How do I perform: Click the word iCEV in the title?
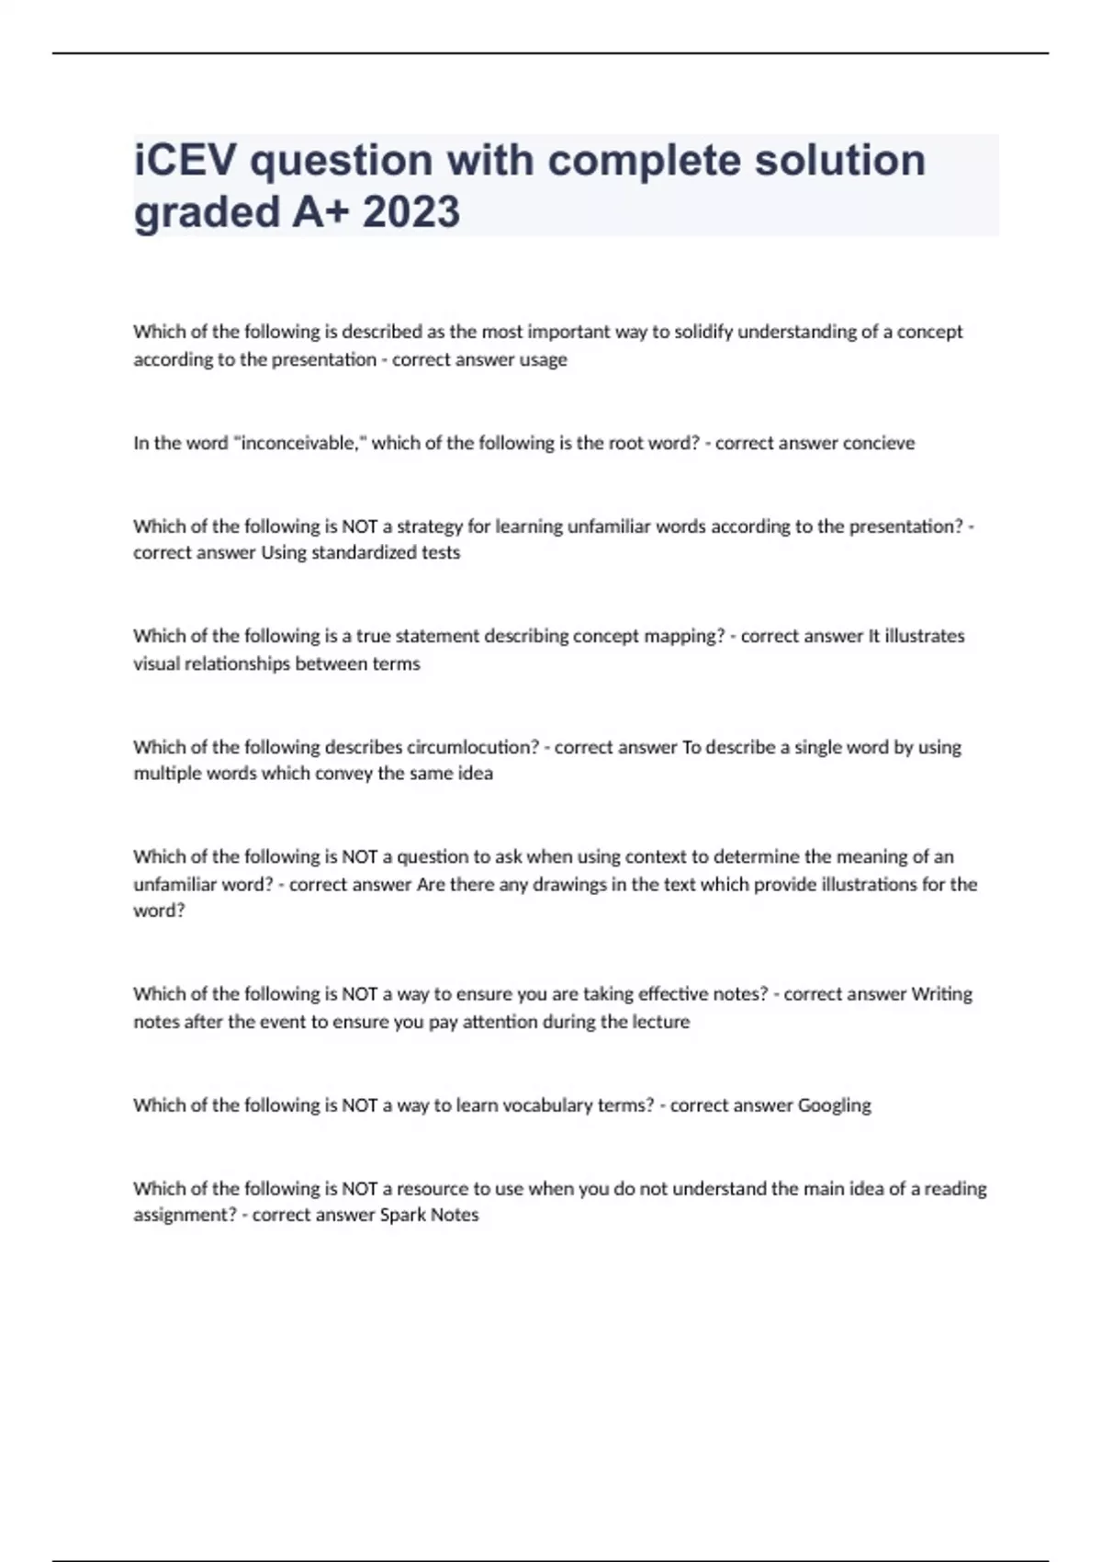[x=183, y=160]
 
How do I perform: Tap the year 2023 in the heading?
[x=411, y=212]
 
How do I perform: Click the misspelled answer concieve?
[x=881, y=443]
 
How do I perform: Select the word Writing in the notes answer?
[x=941, y=994]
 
